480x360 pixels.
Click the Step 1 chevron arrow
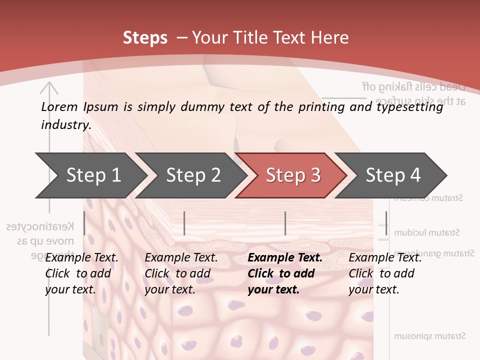tap(90, 175)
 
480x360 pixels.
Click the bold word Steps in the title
tap(145, 37)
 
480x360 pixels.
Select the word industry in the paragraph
tap(65, 124)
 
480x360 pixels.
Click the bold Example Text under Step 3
tap(285, 258)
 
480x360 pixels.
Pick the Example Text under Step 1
tap(81, 258)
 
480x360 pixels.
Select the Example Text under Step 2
tap(181, 258)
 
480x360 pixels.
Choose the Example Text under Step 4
tap(385, 258)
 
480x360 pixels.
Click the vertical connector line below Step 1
tap(84, 223)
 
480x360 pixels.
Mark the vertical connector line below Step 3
tap(285, 223)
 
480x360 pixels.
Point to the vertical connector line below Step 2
tap(184, 223)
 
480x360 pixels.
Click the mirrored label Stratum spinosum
tap(429, 336)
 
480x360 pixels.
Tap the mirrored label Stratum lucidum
tap(427, 232)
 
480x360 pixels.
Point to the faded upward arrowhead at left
tap(49, 88)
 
